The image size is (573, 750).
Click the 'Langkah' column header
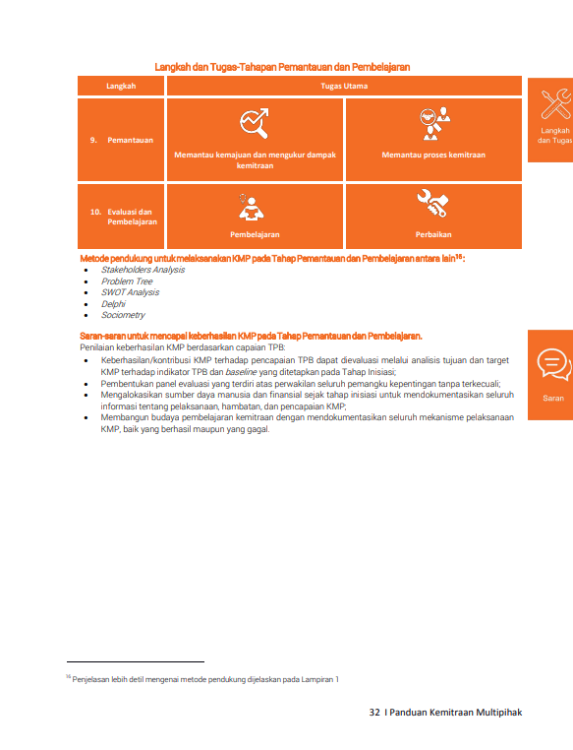pos(121,86)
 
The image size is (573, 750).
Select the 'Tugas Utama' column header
pos(344,86)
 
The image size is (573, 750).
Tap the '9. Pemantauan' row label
pos(122,140)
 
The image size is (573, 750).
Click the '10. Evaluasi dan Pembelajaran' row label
pos(124,217)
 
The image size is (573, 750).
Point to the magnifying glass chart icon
pos(255,123)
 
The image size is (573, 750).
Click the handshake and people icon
pos(434,123)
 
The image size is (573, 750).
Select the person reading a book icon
pos(251,207)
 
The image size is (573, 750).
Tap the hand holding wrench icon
pos(432,204)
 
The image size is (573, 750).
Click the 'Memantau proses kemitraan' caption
pos(433,155)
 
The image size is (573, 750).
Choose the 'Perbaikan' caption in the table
pos(433,234)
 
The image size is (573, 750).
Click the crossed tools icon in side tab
pos(556,103)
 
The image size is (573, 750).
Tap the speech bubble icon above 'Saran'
pos(554,365)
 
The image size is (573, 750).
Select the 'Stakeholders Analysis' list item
pos(143,270)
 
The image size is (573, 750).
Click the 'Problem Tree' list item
pos(127,281)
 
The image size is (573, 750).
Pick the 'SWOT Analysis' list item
pos(130,292)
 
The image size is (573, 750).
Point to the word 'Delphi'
pos(113,304)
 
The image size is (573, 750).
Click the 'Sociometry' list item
pos(123,315)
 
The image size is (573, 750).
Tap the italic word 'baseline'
pos(241,372)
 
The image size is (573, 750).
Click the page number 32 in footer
pos(374,713)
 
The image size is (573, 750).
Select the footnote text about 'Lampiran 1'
pos(202,679)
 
